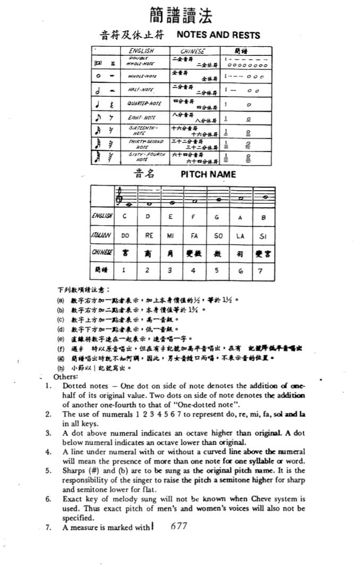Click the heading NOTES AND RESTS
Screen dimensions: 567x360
tap(218, 36)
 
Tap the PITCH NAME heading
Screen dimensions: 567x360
tap(208, 174)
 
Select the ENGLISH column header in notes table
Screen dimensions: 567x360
tap(141, 52)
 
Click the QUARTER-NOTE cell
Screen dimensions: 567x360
tap(145, 104)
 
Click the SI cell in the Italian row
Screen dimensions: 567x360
tap(262, 235)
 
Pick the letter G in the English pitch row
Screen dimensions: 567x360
tap(217, 217)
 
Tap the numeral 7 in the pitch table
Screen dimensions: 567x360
tap(260, 270)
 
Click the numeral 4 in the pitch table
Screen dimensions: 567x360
tap(193, 270)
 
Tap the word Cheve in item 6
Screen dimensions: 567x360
tap(259, 499)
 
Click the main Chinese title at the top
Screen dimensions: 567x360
tap(181, 15)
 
